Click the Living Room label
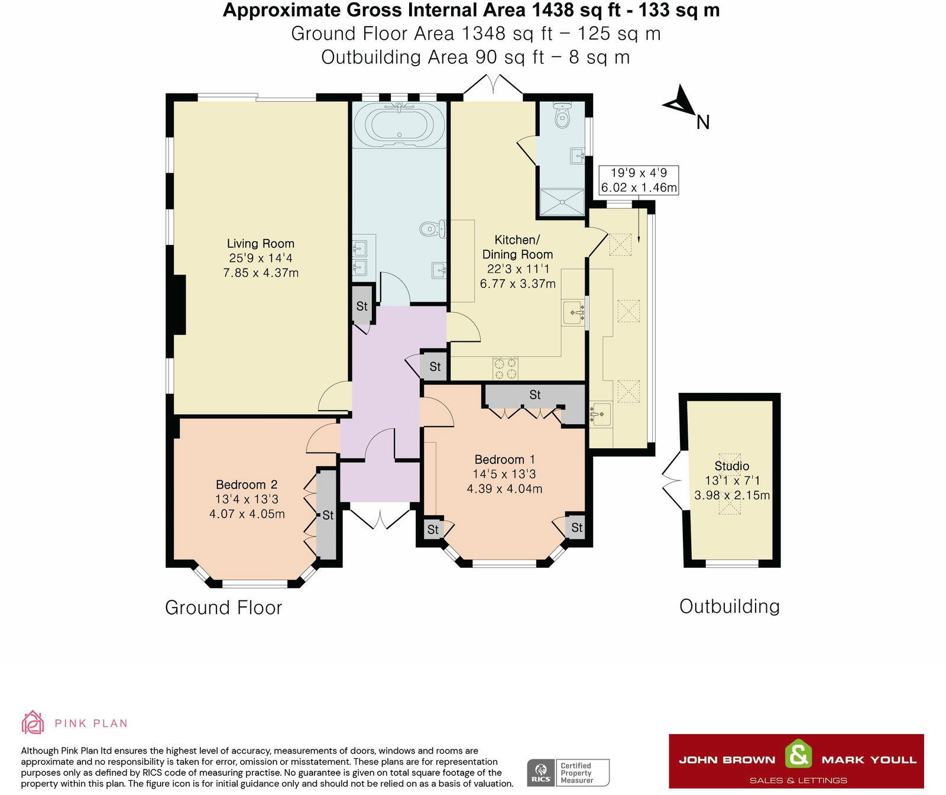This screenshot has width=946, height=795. coord(261,243)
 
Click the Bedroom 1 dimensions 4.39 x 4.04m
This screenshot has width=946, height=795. coord(504,489)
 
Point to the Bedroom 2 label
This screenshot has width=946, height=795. coord(247,484)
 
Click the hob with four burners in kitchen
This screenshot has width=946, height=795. coord(505,368)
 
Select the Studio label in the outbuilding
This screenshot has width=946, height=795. coord(732,466)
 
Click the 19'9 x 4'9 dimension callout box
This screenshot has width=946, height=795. coord(639,180)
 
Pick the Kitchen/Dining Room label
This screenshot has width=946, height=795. coord(517,247)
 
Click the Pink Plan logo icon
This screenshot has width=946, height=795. coord(33,722)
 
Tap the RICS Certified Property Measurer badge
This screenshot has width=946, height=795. coord(568,773)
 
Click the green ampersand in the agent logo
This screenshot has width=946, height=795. coord(798,755)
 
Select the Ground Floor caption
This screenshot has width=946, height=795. coord(223,607)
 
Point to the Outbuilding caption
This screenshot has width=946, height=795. coord(730,606)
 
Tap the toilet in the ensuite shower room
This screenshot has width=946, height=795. coord(562,115)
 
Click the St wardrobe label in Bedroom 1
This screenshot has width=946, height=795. coord(535,395)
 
